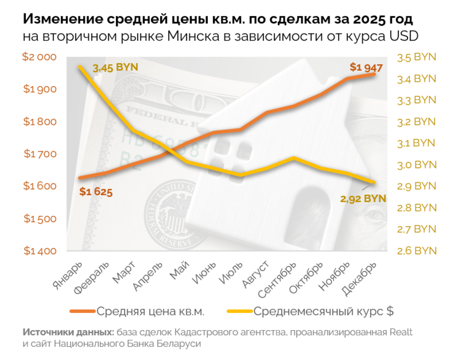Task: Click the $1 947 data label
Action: (366, 67)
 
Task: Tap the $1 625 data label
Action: (96, 192)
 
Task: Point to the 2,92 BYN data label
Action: (363, 199)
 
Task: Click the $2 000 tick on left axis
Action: (40, 57)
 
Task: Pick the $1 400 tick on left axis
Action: (40, 251)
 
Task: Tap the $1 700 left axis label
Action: (40, 154)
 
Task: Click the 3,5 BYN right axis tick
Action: (416, 57)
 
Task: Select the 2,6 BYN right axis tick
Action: (416, 251)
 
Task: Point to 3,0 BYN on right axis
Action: (416, 165)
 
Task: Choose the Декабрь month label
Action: (360, 277)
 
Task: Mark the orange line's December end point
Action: (374, 74)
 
